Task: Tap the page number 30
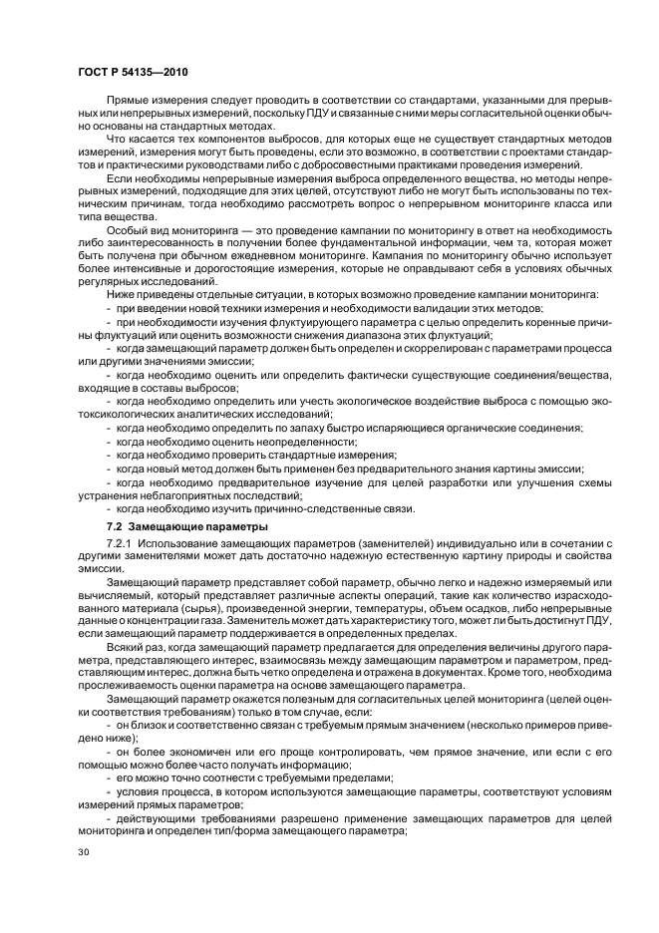[x=85, y=852]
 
